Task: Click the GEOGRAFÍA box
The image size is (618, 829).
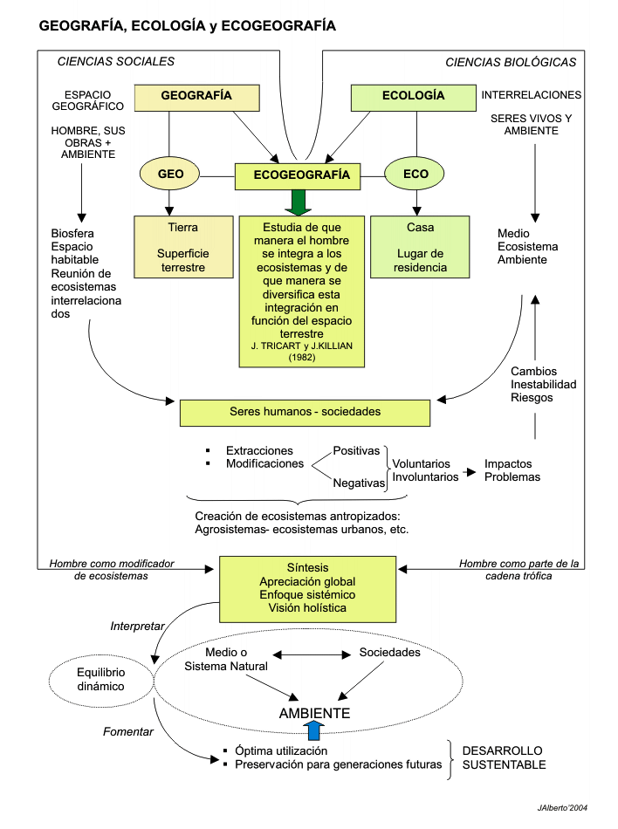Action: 197,97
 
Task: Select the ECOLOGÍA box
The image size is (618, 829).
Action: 413,97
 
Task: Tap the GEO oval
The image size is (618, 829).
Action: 170,175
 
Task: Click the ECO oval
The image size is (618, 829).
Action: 415,175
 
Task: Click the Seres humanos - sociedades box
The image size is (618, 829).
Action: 305,412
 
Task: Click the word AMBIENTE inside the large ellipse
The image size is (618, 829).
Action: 314,714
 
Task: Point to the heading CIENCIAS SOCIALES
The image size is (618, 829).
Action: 115,62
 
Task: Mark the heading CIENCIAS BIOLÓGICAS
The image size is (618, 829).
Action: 511,62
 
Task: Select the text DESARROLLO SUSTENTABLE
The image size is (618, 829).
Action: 504,757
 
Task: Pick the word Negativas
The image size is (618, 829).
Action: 359,482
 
